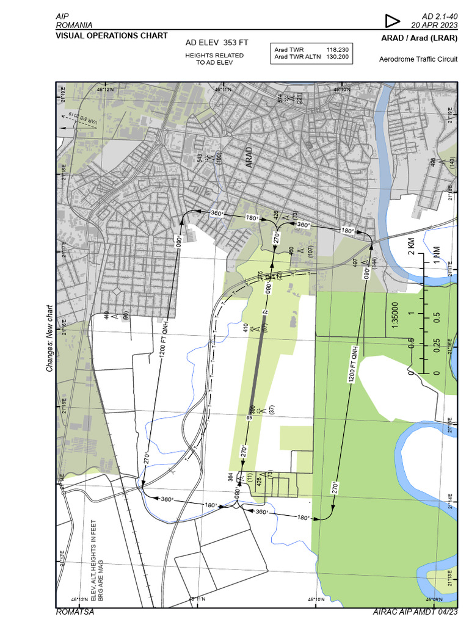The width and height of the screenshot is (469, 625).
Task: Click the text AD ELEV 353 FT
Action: point(217,43)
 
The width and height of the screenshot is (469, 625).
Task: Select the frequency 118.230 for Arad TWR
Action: point(338,49)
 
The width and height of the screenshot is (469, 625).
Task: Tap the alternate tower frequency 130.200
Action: point(338,57)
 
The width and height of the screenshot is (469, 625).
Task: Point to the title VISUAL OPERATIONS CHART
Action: point(111,35)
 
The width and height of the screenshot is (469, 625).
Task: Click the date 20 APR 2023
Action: point(434,26)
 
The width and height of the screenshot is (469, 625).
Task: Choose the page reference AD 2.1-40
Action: point(440,16)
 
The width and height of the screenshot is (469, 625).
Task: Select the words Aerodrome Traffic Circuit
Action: point(418,60)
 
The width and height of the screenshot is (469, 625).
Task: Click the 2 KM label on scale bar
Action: point(410,247)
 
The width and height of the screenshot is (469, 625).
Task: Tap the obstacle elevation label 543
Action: point(200,158)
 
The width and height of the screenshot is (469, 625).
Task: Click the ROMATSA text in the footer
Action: point(75,612)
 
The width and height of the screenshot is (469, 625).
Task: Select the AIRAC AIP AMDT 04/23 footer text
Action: point(415,612)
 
